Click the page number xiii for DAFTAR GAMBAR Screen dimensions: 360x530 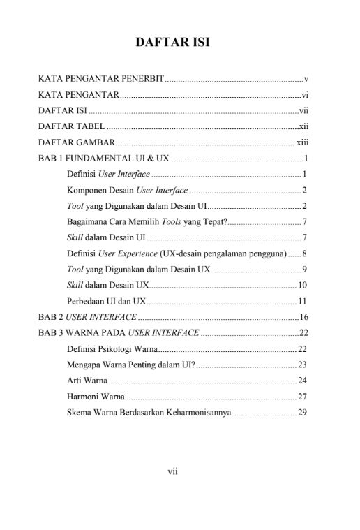302,142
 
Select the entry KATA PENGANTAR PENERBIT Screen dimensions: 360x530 100,78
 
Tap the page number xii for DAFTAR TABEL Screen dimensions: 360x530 303,126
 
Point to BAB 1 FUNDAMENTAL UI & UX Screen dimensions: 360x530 104,159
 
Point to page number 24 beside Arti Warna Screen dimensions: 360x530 303,381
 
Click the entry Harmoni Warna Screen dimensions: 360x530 91,397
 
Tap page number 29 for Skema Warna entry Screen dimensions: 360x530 303,413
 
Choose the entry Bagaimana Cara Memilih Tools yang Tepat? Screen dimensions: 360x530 147,222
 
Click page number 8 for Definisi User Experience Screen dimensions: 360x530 305,253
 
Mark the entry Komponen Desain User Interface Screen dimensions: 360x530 127,190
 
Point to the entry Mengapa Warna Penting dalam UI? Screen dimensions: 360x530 130,365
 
